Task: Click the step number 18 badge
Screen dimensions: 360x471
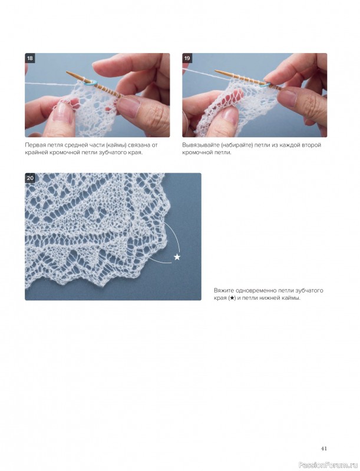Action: (29, 58)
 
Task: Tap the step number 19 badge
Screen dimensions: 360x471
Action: (187, 58)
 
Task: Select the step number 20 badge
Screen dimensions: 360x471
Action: (30, 178)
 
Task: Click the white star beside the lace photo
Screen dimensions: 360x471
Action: (177, 257)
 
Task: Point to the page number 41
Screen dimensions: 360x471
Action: (323, 449)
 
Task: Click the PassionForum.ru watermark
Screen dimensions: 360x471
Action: (329, 465)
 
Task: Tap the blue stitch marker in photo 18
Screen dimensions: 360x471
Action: (93, 83)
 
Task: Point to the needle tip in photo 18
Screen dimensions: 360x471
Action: (67, 72)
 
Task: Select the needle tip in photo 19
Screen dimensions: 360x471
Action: (216, 71)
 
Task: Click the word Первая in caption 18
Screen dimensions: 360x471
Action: (34, 145)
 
